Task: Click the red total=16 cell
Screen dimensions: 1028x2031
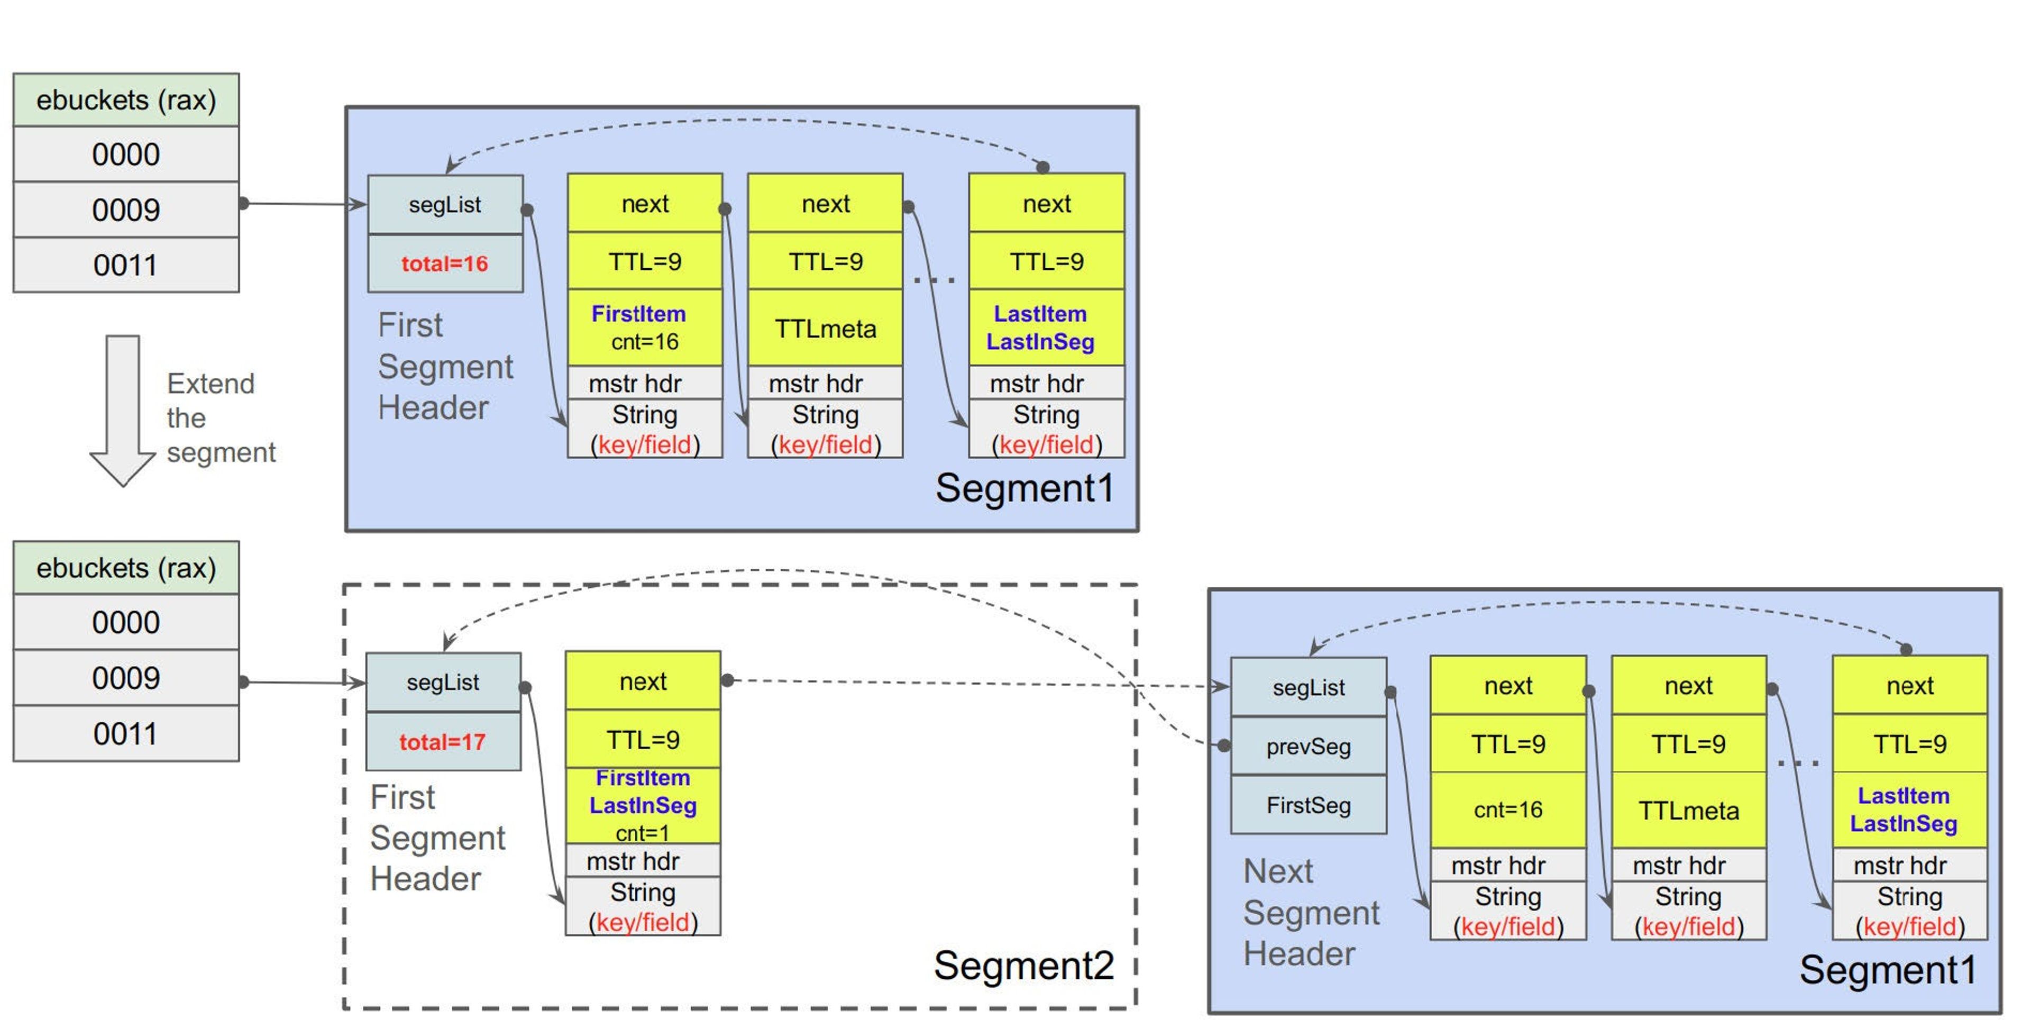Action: [x=445, y=263]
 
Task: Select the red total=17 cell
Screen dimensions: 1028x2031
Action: [x=442, y=742]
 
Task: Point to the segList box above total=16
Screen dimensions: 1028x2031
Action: [x=445, y=204]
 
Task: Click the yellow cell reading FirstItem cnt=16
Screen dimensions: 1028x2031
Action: [x=644, y=327]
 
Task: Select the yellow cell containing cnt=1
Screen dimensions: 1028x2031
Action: [x=643, y=805]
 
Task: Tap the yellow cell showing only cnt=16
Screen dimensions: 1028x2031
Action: [x=1507, y=810]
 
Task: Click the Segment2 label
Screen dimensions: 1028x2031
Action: [x=1023, y=965]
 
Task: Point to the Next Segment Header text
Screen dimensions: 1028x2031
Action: [x=1311, y=913]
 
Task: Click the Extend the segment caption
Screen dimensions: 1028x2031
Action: [x=220, y=418]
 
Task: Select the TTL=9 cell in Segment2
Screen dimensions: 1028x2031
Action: [x=643, y=739]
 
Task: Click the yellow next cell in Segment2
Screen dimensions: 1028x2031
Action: [x=643, y=681]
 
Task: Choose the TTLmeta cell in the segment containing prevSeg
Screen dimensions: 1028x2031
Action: [x=1688, y=810]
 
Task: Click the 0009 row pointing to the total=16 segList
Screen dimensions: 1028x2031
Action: [x=126, y=210]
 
